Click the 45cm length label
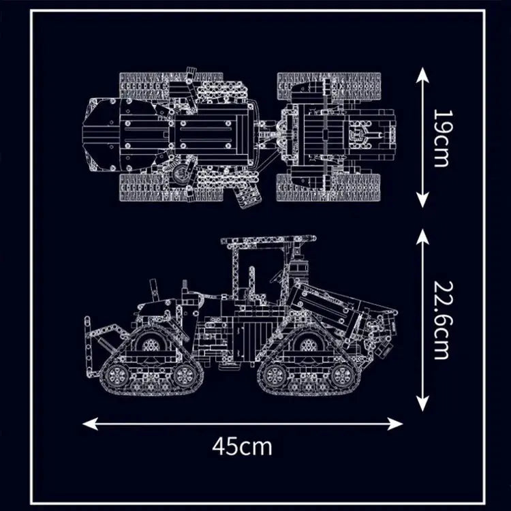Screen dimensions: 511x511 tap(242, 447)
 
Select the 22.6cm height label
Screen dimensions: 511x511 tap(441, 320)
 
